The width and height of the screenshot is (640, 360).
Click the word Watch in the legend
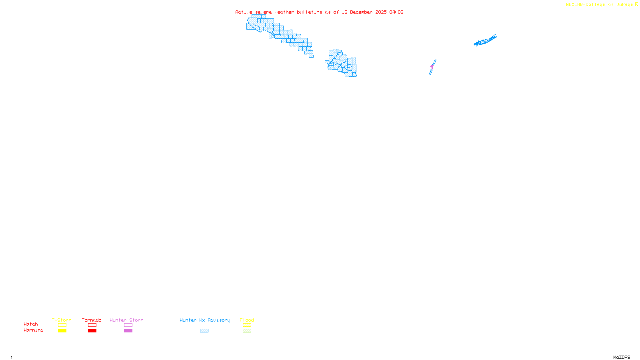point(31,324)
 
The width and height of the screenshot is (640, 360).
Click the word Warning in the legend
point(33,330)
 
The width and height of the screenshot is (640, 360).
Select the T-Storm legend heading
point(62,320)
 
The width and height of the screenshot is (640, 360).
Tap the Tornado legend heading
point(92,320)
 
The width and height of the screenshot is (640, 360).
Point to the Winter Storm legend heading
point(126,320)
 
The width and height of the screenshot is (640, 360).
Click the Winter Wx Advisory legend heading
point(205,320)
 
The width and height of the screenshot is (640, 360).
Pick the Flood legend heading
point(247,320)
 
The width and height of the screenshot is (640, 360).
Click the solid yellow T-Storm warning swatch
point(62,331)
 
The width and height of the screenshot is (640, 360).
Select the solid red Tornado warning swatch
point(92,331)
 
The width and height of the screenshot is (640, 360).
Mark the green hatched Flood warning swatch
point(247,331)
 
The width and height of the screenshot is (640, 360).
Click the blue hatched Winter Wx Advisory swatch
point(204,331)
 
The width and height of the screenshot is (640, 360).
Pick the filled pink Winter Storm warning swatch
point(128,331)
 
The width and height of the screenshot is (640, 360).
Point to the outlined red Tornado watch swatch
point(92,325)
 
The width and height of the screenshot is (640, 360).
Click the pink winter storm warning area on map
point(432,66)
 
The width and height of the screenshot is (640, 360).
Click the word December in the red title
point(361,12)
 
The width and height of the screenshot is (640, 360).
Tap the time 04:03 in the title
point(396,12)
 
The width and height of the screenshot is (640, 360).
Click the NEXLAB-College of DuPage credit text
point(600,5)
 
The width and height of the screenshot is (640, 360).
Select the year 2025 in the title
point(381,12)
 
